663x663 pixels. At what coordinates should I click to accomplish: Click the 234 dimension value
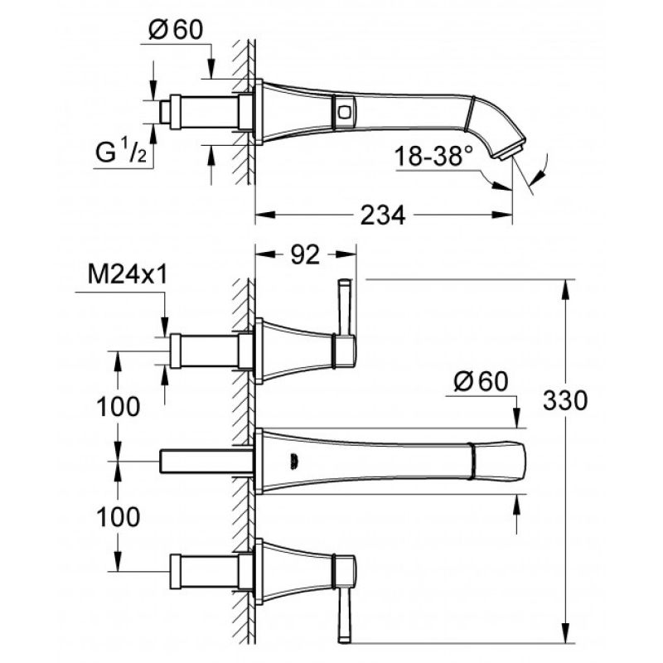(x=383, y=215)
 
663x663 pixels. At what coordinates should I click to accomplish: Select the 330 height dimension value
(x=565, y=400)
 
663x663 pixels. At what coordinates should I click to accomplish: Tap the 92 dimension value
(x=305, y=255)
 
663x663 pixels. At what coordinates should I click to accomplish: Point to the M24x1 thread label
(x=128, y=274)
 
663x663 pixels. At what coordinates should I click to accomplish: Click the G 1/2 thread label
(x=121, y=152)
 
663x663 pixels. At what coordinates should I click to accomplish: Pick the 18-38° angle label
(x=433, y=156)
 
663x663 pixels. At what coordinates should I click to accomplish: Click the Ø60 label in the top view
(x=176, y=30)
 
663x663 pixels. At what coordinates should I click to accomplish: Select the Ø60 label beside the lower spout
(x=481, y=382)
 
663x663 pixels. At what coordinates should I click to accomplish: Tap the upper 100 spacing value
(x=118, y=407)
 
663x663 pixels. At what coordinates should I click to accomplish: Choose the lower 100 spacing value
(x=118, y=516)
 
